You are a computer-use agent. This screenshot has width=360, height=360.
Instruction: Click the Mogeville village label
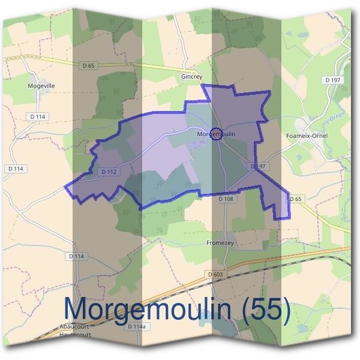(x=41, y=86)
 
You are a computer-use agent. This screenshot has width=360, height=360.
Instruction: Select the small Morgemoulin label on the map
(x=216, y=134)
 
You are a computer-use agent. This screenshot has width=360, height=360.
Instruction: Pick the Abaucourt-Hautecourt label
(x=75, y=330)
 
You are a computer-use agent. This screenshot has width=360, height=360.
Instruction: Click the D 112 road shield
(x=109, y=172)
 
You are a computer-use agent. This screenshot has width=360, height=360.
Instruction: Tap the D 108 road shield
(x=226, y=199)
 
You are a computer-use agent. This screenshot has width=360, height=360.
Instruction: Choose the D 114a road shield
(x=137, y=326)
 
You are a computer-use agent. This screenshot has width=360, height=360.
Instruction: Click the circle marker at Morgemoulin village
(x=217, y=134)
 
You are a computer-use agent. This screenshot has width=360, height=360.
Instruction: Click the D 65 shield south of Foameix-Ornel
(x=295, y=199)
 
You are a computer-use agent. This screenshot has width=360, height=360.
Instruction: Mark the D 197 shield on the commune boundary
(x=259, y=166)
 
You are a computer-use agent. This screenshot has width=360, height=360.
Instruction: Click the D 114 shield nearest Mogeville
(x=38, y=116)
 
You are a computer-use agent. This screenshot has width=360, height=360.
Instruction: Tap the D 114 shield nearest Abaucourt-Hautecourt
(x=76, y=256)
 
